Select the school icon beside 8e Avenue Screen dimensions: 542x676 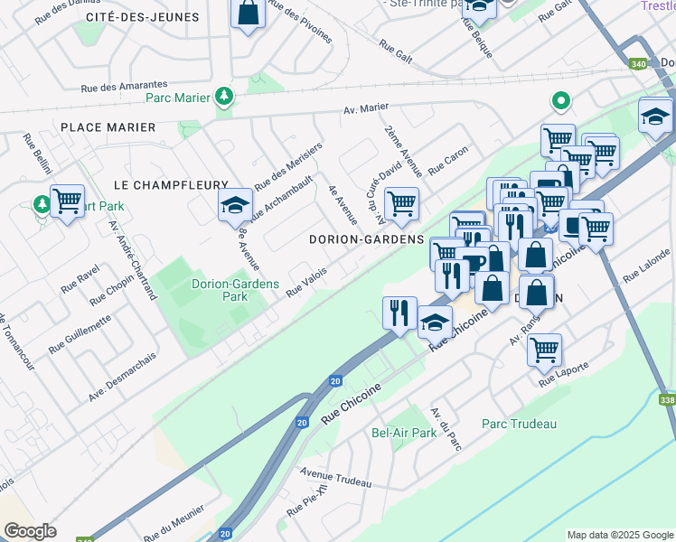coord(235,204)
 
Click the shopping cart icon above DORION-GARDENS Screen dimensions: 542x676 coord(400,202)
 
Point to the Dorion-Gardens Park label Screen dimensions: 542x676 coord(220,289)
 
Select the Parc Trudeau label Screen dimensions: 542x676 coord(519,424)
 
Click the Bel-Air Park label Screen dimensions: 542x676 coord(404,433)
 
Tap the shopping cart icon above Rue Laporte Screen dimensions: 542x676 coord(544,350)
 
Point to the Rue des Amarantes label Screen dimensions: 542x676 coord(125,86)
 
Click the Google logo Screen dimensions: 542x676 coord(30,531)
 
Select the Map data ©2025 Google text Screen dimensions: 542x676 coord(619,535)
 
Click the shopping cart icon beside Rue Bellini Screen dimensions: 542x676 coord(67,201)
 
